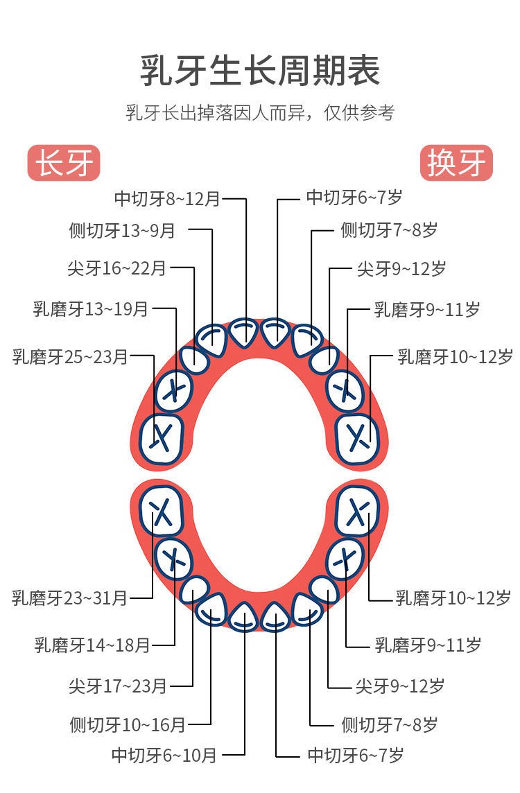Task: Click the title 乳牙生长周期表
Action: [260, 70]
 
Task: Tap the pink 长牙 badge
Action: [64, 163]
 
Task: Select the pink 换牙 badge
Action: [456, 163]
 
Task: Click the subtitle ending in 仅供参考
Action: [260, 112]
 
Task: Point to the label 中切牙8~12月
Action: [167, 199]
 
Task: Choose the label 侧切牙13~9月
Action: [122, 231]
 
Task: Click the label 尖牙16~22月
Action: [117, 268]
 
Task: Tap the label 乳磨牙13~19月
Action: [91, 308]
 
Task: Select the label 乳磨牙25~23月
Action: [70, 356]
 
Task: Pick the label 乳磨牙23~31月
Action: [69, 598]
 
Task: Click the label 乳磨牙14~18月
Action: [92, 645]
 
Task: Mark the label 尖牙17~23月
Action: [118, 686]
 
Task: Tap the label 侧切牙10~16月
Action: [128, 725]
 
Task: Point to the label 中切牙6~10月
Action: [164, 756]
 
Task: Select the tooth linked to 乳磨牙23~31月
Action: [162, 511]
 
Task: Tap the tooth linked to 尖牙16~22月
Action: [194, 360]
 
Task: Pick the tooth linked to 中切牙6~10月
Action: [244, 618]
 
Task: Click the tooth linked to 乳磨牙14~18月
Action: [173, 560]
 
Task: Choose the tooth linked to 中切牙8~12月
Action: [244, 333]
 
